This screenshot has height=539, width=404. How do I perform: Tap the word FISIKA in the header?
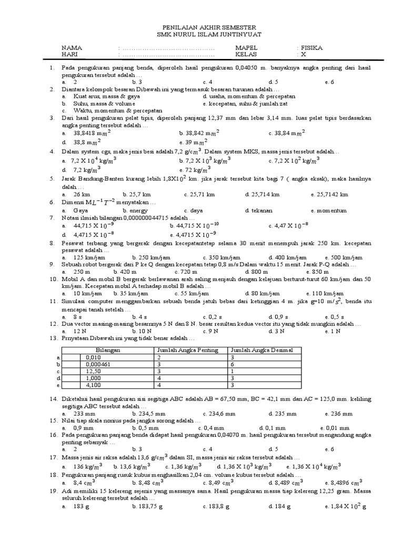point(311,48)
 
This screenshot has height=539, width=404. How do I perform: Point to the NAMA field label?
point(72,48)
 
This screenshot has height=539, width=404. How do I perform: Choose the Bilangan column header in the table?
point(108,350)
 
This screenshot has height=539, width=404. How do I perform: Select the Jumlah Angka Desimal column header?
point(257,350)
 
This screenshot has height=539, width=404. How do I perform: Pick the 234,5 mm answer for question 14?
point(148,414)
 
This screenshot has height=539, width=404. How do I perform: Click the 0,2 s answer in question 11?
point(214,317)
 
